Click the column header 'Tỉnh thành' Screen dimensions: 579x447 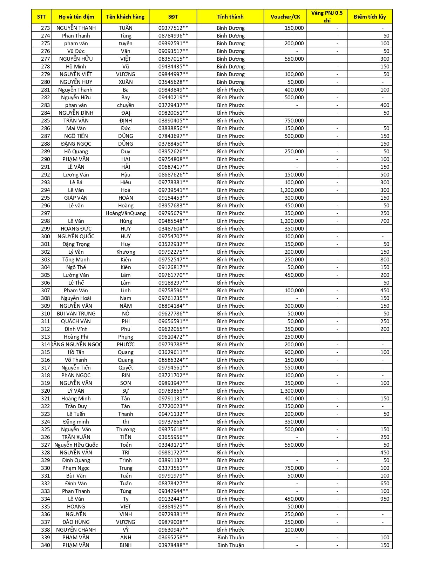pyautogui.click(x=230, y=16)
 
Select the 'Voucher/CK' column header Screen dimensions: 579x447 pyautogui.click(x=285, y=16)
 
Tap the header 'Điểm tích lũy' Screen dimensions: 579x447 pyautogui.click(x=370, y=16)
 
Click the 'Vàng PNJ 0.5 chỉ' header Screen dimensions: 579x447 pyautogui.click(x=327, y=16)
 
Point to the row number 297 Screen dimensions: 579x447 pyautogui.click(x=46, y=213)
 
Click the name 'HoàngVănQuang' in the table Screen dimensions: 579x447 pyautogui.click(x=126, y=213)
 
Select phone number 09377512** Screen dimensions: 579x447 pyautogui.click(x=173, y=28)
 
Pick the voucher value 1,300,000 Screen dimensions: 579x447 pyautogui.click(x=292, y=391)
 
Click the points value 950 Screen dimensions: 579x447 pyautogui.click(x=385, y=499)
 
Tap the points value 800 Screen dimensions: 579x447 pyautogui.click(x=385, y=260)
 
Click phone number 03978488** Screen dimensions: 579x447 pyautogui.click(x=173, y=545)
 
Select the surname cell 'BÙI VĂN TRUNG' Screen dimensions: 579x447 pyautogui.click(x=76, y=314)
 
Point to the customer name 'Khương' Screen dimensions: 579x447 pyautogui.click(x=126, y=252)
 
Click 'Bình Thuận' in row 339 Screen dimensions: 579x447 pyautogui.click(x=230, y=538)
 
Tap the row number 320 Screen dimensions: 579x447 pyautogui.click(x=46, y=391)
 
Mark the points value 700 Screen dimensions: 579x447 pyautogui.click(x=385, y=221)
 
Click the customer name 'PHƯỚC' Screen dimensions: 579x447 pyautogui.click(x=126, y=345)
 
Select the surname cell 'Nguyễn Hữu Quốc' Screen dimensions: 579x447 pyautogui.click(x=76, y=445)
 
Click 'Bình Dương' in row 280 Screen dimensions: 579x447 pyautogui.click(x=230, y=82)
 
